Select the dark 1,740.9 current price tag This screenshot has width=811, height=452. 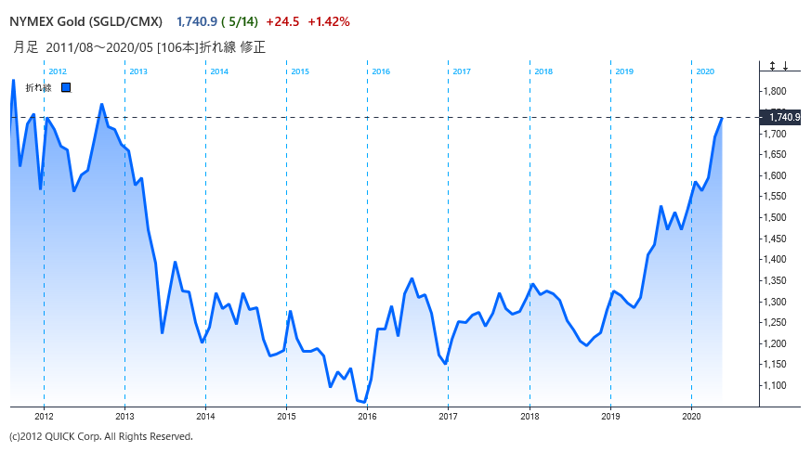tap(778, 117)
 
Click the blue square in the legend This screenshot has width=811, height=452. tap(66, 88)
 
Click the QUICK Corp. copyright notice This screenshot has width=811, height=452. tap(100, 436)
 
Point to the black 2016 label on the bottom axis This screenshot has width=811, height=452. tap(367, 417)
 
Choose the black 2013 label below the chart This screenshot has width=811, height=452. tap(124, 417)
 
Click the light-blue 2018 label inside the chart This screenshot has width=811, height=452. tap(543, 71)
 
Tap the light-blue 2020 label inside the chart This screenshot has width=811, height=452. tap(705, 71)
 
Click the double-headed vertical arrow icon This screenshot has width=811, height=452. tap(772, 66)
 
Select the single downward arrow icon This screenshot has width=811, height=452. tap(785, 66)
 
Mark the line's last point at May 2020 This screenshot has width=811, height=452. tap(723, 118)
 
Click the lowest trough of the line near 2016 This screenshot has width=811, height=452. tap(364, 402)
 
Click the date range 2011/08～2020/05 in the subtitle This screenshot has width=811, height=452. tap(110, 46)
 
